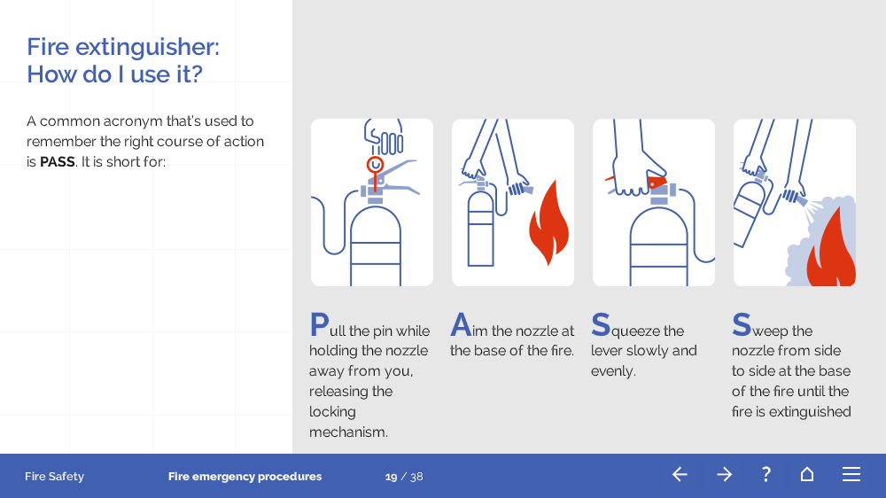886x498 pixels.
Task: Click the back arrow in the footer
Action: tap(680, 474)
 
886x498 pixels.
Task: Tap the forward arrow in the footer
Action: tap(724, 474)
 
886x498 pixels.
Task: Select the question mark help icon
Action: tap(766, 474)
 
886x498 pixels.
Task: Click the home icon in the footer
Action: tap(807, 474)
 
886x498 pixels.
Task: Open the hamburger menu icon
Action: tap(851, 474)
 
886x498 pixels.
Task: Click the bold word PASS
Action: tap(57, 162)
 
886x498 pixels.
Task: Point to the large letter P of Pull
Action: tap(319, 324)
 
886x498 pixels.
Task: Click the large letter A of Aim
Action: tap(461, 324)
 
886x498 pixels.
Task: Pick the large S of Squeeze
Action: tap(601, 324)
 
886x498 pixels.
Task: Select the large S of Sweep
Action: tap(742, 324)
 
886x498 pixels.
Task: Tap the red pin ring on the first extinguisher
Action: tap(375, 165)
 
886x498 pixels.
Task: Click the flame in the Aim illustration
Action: tap(548, 222)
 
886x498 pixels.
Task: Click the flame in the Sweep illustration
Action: tap(831, 251)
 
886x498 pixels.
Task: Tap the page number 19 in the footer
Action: tap(391, 477)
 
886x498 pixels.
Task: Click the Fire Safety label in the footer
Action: tap(54, 477)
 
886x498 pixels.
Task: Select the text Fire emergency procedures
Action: tap(245, 477)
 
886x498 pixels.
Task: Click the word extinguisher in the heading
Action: tap(147, 48)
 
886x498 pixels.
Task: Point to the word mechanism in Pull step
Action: tap(348, 432)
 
